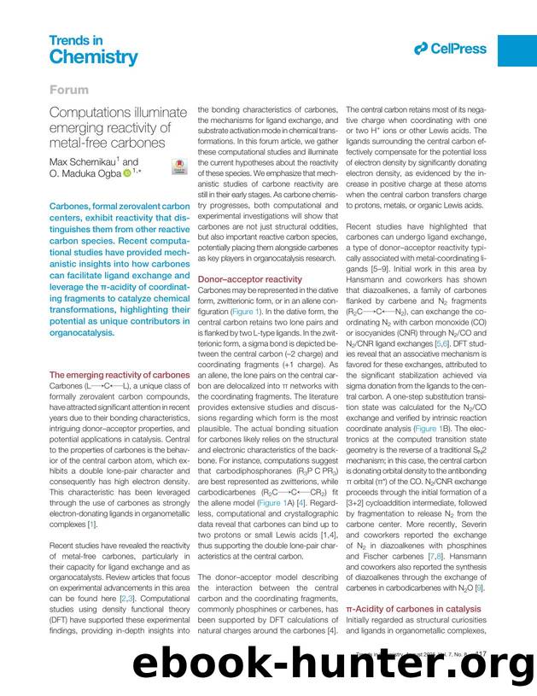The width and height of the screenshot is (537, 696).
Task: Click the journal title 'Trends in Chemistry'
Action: coord(93,50)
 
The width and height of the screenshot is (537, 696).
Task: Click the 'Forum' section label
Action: coord(69,88)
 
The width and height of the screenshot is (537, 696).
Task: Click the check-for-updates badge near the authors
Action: coord(179,167)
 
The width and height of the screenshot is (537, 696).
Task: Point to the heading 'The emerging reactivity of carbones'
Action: coord(119,375)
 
